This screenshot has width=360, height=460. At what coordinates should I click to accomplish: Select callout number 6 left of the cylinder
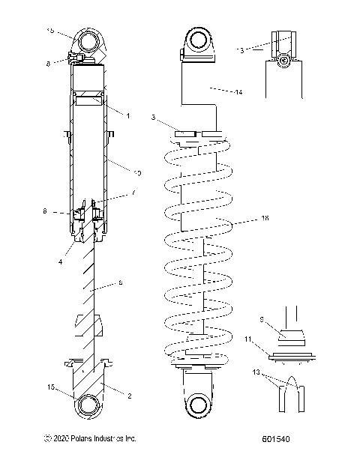point(45,212)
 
